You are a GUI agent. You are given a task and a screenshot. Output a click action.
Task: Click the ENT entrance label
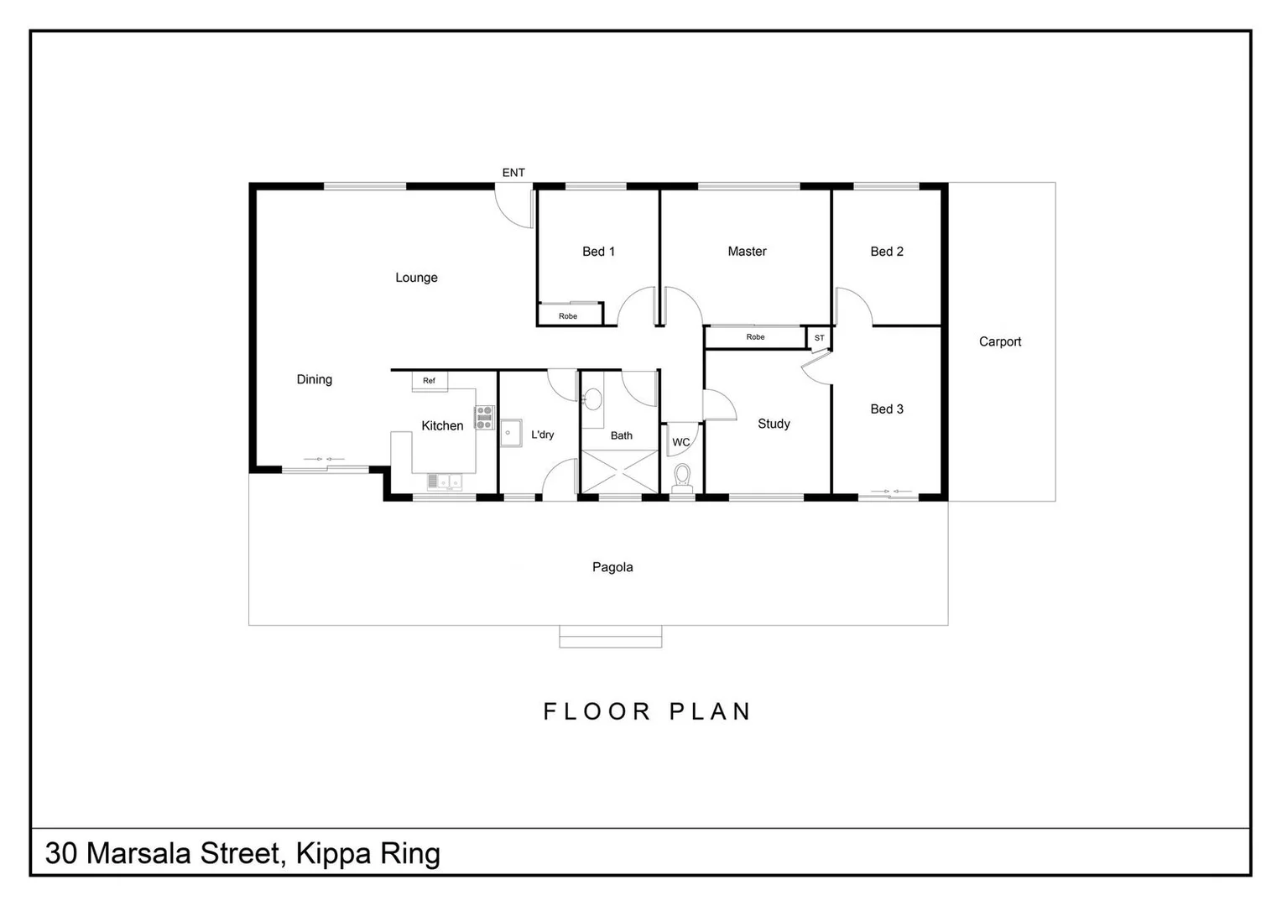(513, 173)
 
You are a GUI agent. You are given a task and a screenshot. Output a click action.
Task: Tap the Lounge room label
(416, 278)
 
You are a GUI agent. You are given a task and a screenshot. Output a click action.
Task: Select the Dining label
(314, 379)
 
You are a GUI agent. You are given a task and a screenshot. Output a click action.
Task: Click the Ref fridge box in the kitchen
(429, 381)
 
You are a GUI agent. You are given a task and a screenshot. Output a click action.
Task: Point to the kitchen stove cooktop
(484, 418)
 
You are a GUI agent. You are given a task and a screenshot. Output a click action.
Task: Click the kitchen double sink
(444, 482)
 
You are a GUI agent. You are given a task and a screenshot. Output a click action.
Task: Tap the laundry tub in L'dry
(511, 433)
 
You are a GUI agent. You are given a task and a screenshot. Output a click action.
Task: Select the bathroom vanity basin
(593, 399)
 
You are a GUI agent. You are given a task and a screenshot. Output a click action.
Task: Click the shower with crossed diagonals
(619, 471)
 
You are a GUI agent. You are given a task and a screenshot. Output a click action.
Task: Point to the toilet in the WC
(682, 476)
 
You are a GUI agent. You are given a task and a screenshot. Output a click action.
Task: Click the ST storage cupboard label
(819, 338)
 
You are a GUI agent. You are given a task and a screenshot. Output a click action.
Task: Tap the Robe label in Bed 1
(568, 316)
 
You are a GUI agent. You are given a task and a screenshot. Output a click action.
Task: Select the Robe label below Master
(755, 337)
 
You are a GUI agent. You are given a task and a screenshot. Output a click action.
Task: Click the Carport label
(999, 341)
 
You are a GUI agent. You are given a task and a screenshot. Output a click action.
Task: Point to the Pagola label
(612, 567)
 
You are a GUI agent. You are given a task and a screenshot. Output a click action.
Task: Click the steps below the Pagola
(610, 637)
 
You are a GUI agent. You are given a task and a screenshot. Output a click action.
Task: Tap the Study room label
(774, 424)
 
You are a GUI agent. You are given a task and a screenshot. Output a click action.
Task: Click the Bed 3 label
(887, 409)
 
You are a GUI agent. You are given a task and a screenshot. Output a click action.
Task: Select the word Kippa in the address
(334, 854)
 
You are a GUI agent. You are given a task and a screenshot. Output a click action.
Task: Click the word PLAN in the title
(710, 711)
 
